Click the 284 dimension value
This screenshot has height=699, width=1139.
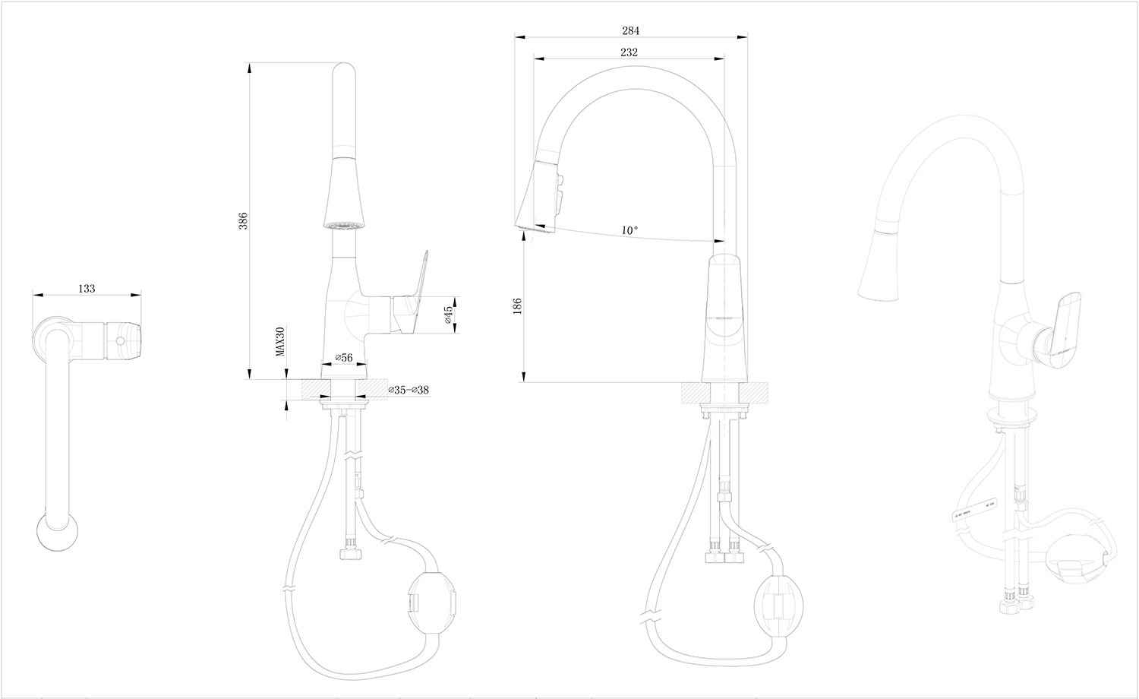click(630, 31)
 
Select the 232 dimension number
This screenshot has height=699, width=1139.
click(628, 52)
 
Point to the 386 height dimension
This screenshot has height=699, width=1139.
click(243, 220)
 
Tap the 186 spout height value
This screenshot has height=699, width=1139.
click(518, 305)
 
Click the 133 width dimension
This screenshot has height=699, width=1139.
click(87, 288)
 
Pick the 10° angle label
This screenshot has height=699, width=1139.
click(629, 229)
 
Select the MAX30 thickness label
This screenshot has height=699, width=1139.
click(280, 342)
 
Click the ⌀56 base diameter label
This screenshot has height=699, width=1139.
click(344, 357)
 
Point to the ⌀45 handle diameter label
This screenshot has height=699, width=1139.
click(448, 314)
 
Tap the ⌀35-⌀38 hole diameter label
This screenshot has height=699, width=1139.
click(409, 390)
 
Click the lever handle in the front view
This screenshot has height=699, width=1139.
click(411, 293)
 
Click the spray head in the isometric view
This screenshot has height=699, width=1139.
click(877, 266)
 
